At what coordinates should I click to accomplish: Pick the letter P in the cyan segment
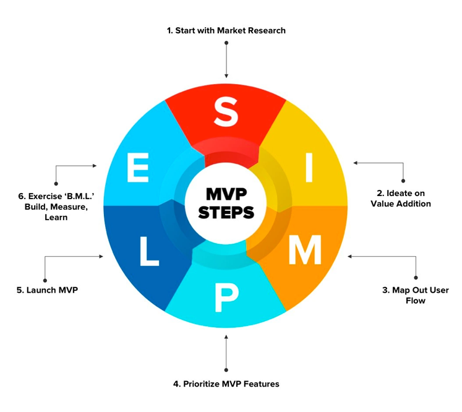click(225, 298)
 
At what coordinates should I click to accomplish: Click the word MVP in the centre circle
click(226, 194)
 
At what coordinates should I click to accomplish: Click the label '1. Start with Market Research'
click(226, 30)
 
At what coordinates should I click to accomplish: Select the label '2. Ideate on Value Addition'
click(400, 198)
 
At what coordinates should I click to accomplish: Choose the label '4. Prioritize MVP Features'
click(226, 384)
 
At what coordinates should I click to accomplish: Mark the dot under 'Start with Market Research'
click(226, 44)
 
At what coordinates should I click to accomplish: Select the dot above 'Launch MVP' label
click(45, 277)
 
